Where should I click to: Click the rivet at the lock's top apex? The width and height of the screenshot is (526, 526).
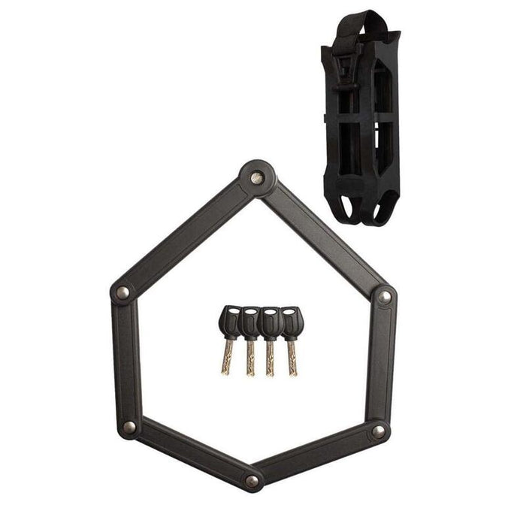[257, 178]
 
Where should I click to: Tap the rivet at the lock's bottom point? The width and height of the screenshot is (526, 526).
[252, 480]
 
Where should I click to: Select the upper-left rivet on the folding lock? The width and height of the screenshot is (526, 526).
[122, 292]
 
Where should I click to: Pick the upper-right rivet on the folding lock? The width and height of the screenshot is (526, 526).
[385, 297]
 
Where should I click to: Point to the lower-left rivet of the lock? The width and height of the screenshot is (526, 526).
[129, 427]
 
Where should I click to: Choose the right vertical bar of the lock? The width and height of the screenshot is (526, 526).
[382, 364]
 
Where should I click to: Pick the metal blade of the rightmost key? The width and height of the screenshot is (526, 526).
[291, 358]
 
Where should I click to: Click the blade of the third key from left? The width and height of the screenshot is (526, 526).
[271, 358]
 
